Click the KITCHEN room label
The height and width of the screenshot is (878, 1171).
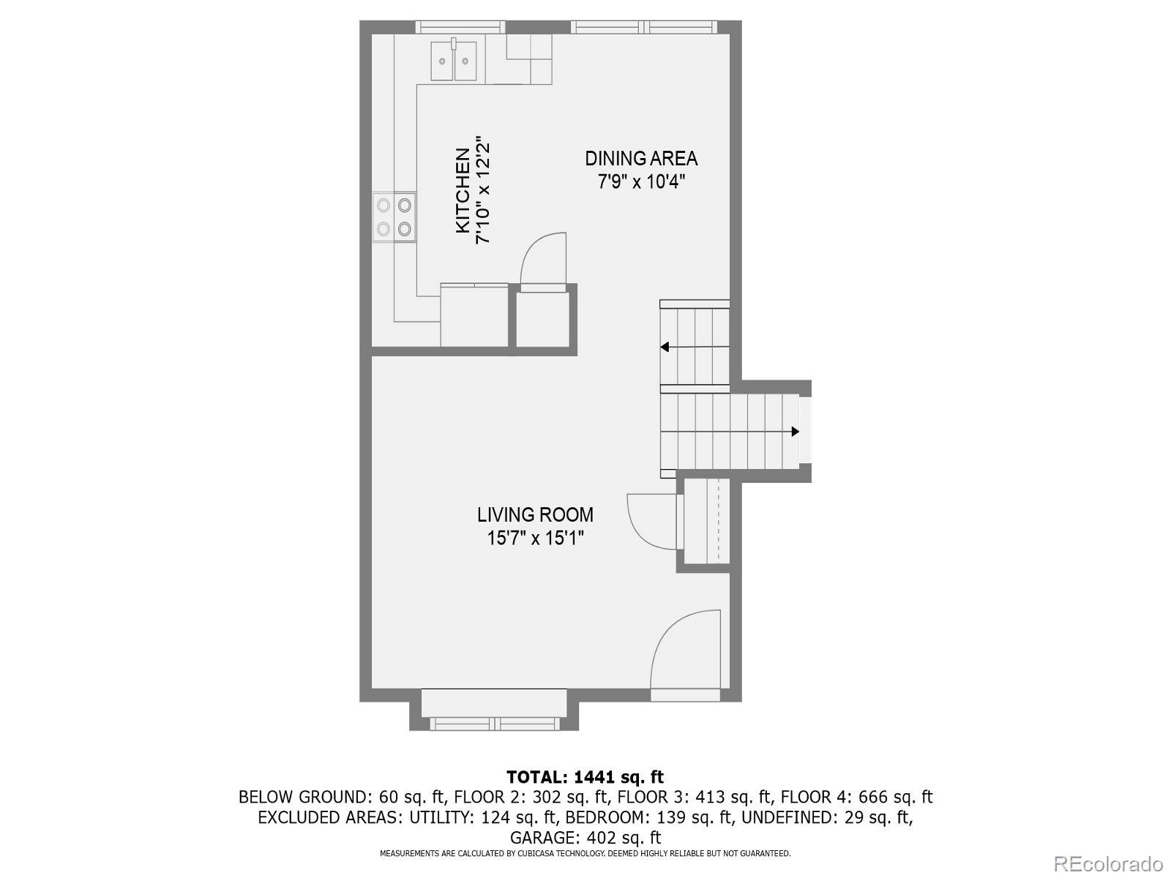tap(463, 191)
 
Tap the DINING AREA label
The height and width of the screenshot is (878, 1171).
tap(640, 158)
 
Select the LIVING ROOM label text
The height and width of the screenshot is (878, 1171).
tap(535, 514)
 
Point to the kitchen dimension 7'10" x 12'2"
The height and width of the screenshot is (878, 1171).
tap(482, 190)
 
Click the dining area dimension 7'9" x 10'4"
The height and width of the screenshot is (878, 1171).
tap(640, 181)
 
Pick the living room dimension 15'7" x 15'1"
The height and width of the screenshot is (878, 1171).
tap(535, 539)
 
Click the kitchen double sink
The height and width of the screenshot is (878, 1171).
tap(454, 61)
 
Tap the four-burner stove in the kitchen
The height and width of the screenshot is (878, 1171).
tap(394, 217)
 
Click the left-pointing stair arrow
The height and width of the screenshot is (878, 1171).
tap(666, 347)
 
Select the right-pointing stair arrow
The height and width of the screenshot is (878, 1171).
tap(795, 432)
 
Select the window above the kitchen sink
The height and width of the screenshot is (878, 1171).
tap(460, 27)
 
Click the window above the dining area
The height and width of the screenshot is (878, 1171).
tap(643, 27)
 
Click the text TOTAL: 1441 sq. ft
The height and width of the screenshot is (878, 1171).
tap(585, 776)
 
